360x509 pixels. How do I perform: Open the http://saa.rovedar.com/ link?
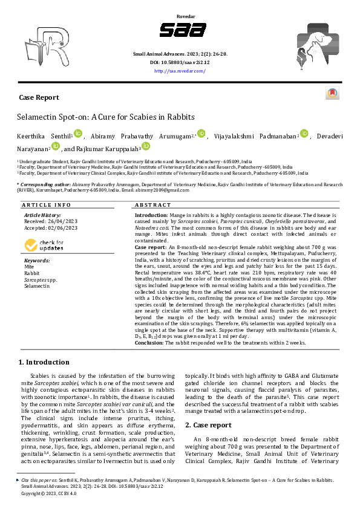pyautogui.click(x=180, y=71)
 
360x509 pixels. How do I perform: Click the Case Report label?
pyautogui.click(x=39, y=97)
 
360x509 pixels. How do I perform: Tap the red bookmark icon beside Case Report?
pyautogui.click(x=332, y=94)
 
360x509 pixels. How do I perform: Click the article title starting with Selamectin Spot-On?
pyautogui.click(x=105, y=117)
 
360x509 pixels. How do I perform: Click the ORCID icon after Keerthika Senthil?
pyautogui.click(x=77, y=134)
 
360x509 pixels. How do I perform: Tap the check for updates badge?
pyautogui.click(x=44, y=245)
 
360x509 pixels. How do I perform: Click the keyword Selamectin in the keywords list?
pyautogui.click(x=36, y=285)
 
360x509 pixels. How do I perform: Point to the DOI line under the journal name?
pyautogui.click(x=180, y=62)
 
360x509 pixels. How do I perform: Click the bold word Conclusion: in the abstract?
pyautogui.click(x=149, y=342)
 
